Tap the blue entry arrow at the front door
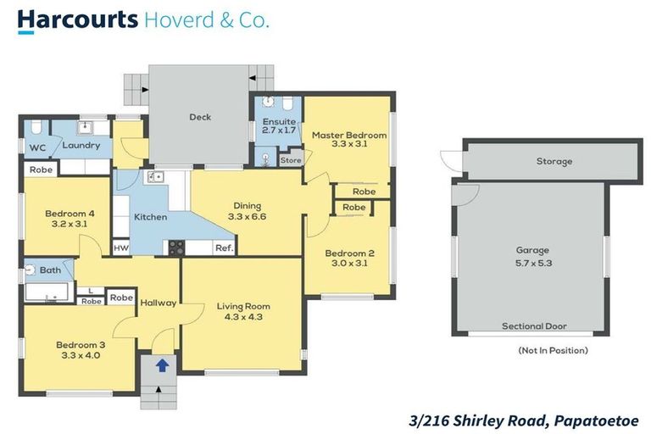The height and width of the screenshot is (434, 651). [161, 365]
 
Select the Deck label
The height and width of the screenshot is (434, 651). [200, 117]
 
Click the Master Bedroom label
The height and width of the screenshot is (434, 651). [348, 135]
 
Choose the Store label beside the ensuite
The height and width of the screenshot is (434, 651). [291, 159]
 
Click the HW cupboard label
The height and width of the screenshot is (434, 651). [121, 248]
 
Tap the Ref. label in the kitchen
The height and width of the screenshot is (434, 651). [224, 248]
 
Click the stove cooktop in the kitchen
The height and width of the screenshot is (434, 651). [176, 248]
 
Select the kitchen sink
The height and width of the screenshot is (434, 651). [155, 176]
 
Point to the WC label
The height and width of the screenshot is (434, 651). [36, 147]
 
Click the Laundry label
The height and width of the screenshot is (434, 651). [81, 145]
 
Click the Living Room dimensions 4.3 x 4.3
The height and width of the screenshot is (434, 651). [242, 317]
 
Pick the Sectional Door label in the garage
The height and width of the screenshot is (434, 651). [534, 326]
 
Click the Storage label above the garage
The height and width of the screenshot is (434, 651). [554, 161]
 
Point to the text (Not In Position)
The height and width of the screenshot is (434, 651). [552, 350]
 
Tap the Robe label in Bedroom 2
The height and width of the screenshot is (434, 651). [354, 208]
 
